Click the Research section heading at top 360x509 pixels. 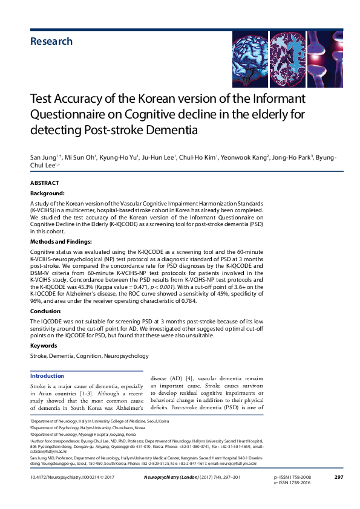click(51, 42)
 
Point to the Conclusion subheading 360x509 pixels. click(46, 311)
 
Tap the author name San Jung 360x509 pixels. click(42, 158)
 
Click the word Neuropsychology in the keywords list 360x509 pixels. click(125, 356)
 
